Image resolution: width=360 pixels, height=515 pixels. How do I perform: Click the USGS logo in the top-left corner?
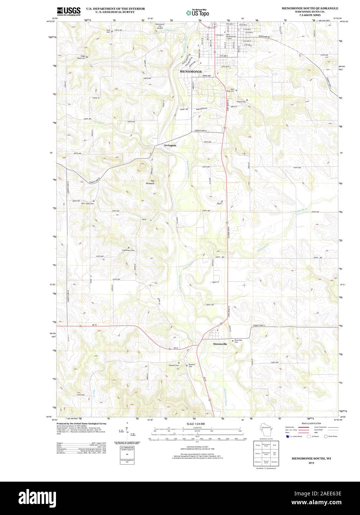69,11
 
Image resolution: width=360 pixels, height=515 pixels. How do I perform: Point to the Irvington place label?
170,146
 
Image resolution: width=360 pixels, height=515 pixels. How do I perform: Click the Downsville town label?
220,344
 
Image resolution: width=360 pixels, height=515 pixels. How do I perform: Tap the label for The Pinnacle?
150,182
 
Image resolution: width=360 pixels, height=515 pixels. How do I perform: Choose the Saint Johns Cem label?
87,204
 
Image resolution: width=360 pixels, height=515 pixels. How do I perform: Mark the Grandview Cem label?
128,250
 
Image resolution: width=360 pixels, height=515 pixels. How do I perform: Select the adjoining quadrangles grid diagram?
266,453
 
